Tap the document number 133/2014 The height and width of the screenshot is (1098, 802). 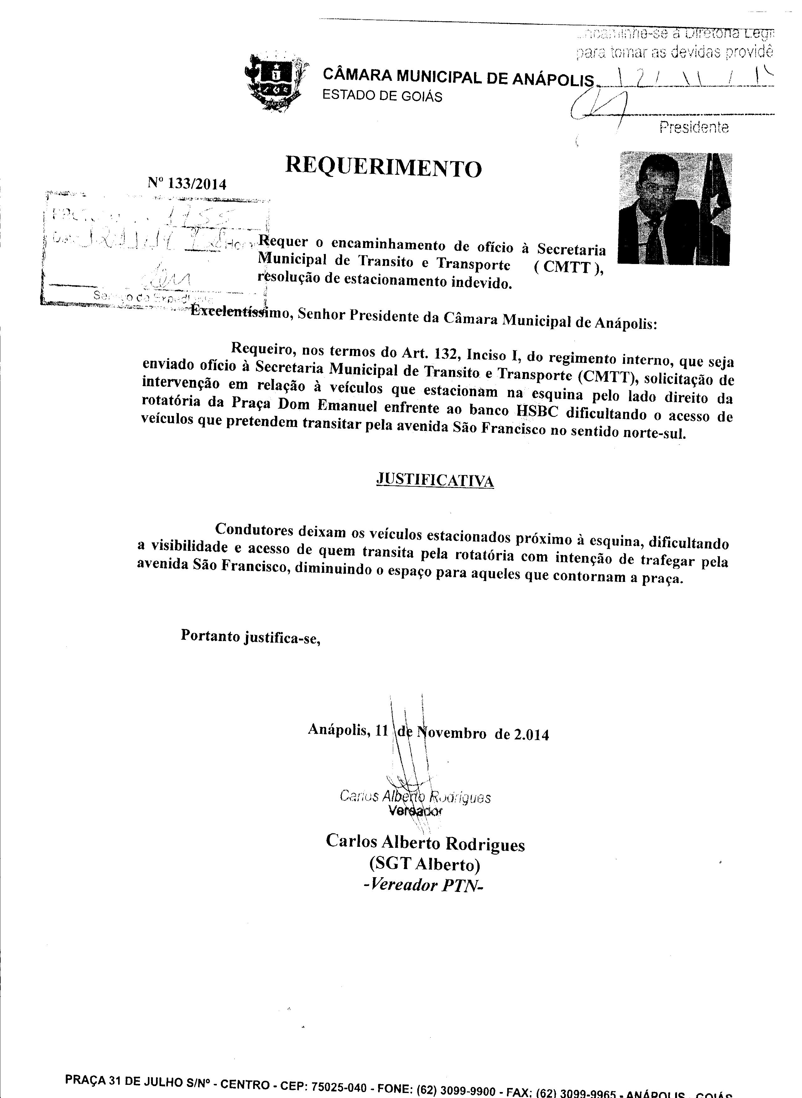pyautogui.click(x=197, y=184)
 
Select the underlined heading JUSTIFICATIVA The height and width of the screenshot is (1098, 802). pyautogui.click(x=435, y=480)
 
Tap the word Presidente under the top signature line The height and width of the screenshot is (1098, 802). pyautogui.click(x=694, y=127)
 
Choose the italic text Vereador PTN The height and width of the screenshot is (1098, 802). pyautogui.click(x=424, y=885)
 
